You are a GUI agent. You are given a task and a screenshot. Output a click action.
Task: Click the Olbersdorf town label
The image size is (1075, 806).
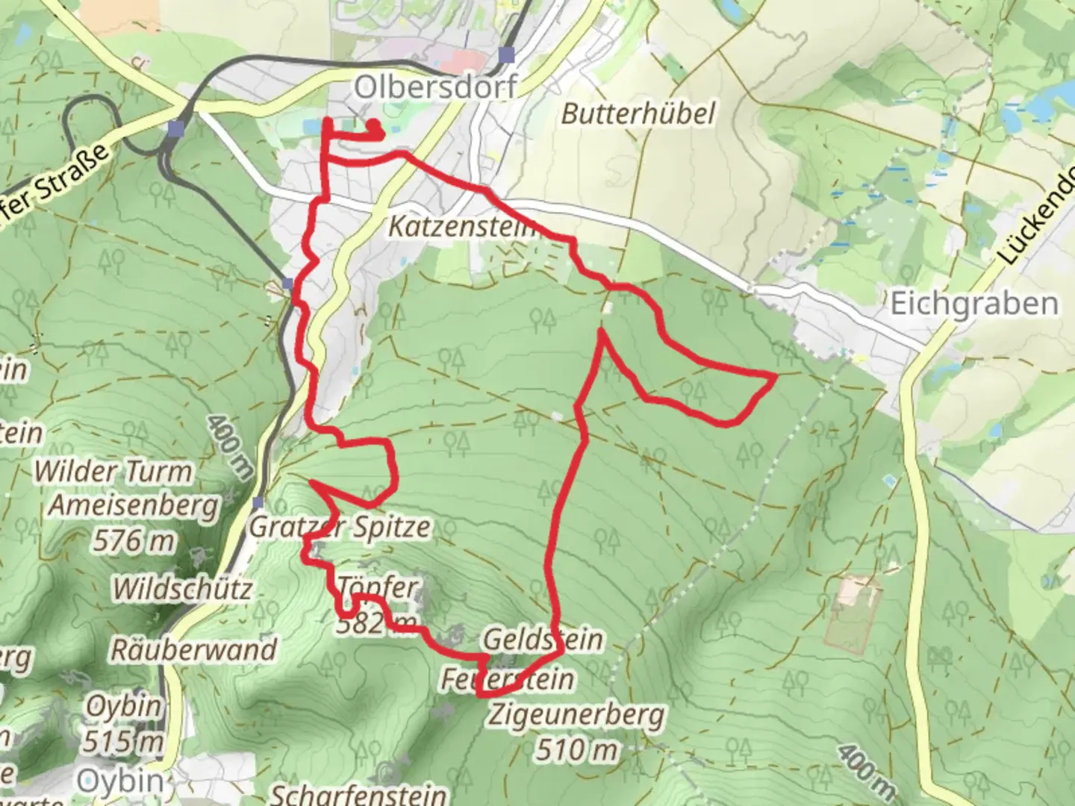click(x=435, y=87)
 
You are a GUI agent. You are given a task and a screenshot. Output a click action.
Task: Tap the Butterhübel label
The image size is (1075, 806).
click(x=638, y=113)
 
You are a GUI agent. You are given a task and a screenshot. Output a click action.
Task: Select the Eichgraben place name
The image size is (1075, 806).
click(x=974, y=304)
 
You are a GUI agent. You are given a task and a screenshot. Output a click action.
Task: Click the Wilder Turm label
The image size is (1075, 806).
click(x=113, y=472)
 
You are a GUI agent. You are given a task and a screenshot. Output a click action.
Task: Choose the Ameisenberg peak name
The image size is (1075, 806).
click(x=134, y=505)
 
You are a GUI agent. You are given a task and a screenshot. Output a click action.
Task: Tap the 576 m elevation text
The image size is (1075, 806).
click(x=134, y=540)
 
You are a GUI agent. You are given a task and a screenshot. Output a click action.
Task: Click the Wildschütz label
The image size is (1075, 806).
click(x=182, y=589)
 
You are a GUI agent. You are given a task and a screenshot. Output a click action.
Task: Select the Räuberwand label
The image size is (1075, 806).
click(x=193, y=649)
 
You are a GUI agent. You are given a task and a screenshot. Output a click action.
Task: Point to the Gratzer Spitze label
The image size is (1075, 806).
click(x=340, y=527)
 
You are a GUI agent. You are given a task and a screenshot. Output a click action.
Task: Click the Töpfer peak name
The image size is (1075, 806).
click(x=378, y=587)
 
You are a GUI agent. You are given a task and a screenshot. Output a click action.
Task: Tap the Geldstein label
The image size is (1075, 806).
click(x=543, y=640)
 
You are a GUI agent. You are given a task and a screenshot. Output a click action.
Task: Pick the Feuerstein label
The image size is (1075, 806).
click(x=508, y=679)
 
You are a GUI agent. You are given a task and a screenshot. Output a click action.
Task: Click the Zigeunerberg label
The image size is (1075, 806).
click(x=576, y=714)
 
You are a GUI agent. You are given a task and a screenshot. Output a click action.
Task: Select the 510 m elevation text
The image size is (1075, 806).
click(x=576, y=749)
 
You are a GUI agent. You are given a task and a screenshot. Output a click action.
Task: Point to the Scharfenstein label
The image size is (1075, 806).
click(x=358, y=794)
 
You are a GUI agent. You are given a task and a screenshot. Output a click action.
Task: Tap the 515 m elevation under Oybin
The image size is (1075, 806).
click(x=123, y=741)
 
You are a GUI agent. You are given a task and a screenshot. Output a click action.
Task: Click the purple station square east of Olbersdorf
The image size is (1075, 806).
click(x=508, y=54)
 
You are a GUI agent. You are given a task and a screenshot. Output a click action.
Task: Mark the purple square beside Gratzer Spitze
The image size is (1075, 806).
click(x=258, y=502)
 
